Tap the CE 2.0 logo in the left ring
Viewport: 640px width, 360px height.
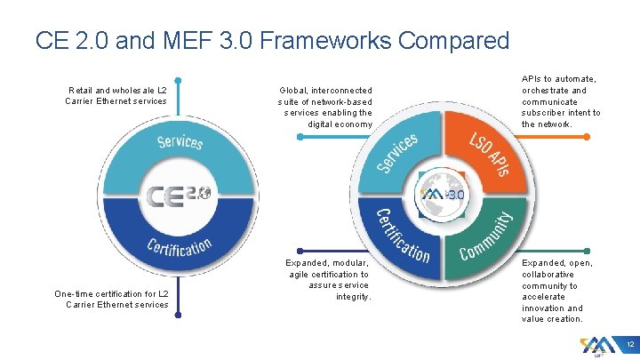click(179, 195)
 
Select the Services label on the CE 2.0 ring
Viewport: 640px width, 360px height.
click(180, 141)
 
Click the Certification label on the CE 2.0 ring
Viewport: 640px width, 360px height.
click(180, 246)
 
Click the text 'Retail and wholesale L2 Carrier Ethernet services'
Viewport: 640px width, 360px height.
click(116, 95)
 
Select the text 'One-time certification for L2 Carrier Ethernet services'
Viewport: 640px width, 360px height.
click(112, 299)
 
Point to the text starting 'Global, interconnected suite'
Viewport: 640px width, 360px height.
click(325, 107)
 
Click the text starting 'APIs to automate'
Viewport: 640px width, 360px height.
click(561, 101)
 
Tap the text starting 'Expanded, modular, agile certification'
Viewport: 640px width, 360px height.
click(327, 279)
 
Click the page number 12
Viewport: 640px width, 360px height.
click(628, 344)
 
